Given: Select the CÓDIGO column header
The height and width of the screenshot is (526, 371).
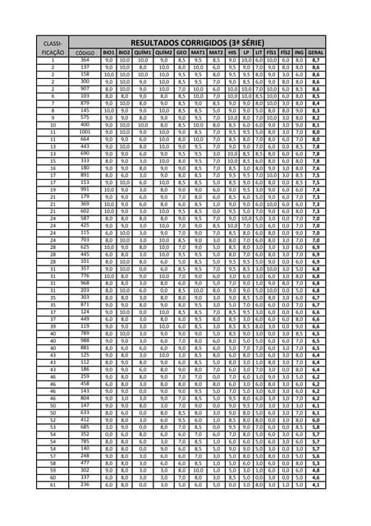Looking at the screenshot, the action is pos(85,52).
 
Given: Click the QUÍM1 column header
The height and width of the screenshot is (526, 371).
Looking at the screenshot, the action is pos(142,52).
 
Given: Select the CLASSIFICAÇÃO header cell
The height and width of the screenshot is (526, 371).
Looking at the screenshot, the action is pos(52,45).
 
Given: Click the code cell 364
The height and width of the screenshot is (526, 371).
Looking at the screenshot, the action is pos(85,60).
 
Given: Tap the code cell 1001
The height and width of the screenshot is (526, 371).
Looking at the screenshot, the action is pos(85,131).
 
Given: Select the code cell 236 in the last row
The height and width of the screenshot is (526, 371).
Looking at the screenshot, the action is pos(85,485).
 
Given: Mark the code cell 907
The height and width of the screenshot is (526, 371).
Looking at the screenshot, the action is pos(85,89).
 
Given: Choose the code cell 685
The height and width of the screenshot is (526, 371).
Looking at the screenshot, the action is pos(85,427).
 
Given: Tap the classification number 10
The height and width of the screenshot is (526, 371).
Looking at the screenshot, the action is pos(52,124).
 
